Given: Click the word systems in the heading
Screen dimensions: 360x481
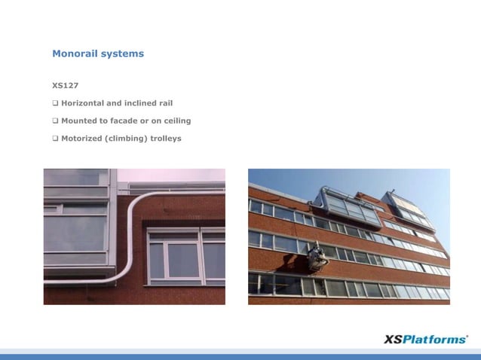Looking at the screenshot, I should coord(121,54).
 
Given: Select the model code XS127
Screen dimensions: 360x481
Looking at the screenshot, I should coord(66,85).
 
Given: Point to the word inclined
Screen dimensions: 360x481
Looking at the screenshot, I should coord(132,103).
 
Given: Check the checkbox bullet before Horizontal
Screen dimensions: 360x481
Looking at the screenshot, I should coord(55,103).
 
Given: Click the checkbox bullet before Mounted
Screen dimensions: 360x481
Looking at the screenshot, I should coord(55,121).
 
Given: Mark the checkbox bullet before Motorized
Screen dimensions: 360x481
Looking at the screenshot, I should coord(55,138).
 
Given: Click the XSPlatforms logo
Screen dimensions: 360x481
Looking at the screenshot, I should coord(425,340).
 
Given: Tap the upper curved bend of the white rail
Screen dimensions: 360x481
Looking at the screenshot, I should coord(136,198).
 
